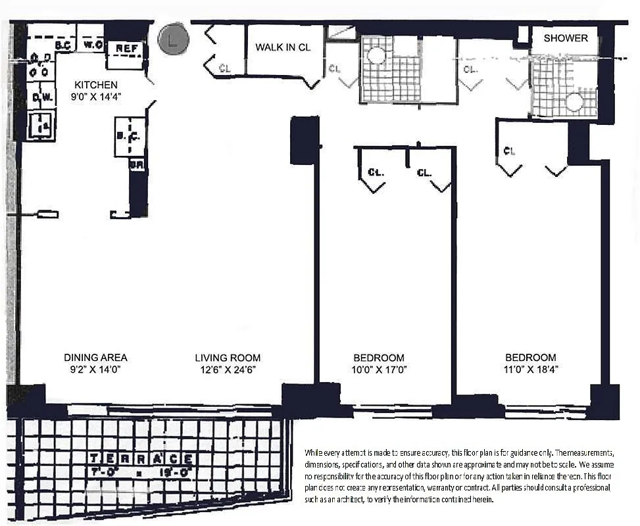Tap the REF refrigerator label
coord(126,48)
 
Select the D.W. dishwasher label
coord(41,97)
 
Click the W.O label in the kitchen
coord(91,45)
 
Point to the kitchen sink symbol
coord(41,125)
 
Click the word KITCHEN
coord(96,85)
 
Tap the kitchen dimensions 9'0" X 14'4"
coord(96,97)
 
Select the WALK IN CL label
coord(283,48)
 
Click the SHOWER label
coord(565,38)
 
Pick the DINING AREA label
coord(95,358)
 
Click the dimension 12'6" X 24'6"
coord(228,370)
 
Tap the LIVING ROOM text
coord(228,358)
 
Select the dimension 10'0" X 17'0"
coord(379,370)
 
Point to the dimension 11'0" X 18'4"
coord(530,370)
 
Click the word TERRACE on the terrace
coord(141,458)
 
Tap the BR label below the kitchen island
coord(136,165)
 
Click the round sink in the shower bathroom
coord(575,101)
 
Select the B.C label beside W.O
coord(63,45)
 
